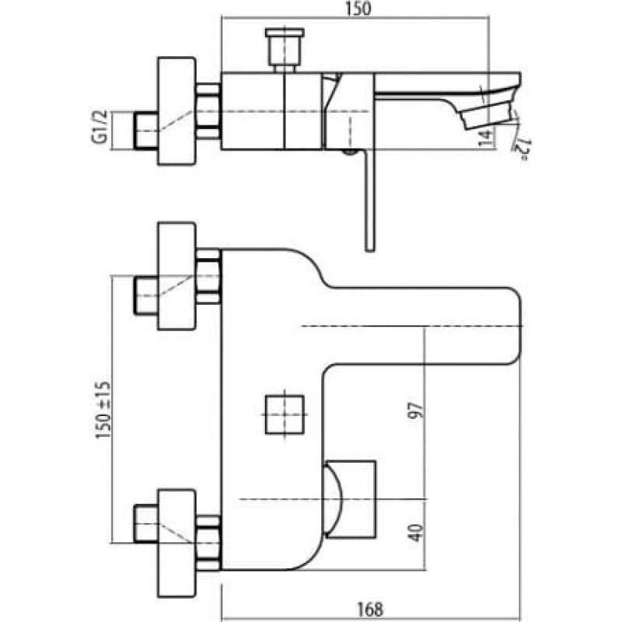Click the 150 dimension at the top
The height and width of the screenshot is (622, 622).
tap(358, 9)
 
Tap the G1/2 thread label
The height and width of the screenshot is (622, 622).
tap(100, 127)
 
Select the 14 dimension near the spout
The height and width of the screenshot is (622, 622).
tap(486, 138)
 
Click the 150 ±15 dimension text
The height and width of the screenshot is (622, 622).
tap(102, 410)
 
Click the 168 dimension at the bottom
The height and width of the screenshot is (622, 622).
tap(370, 610)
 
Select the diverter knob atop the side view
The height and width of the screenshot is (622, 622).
tap(285, 51)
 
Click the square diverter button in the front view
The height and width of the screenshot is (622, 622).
tap(285, 414)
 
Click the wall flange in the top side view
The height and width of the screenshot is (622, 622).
tap(176, 110)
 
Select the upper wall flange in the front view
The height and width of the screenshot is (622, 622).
tap(176, 276)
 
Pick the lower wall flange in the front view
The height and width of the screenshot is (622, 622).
tap(176, 543)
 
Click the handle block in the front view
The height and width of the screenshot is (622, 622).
tap(350, 499)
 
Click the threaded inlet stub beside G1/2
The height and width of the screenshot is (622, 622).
tap(146, 131)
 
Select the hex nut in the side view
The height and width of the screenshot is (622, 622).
tap(208, 111)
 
